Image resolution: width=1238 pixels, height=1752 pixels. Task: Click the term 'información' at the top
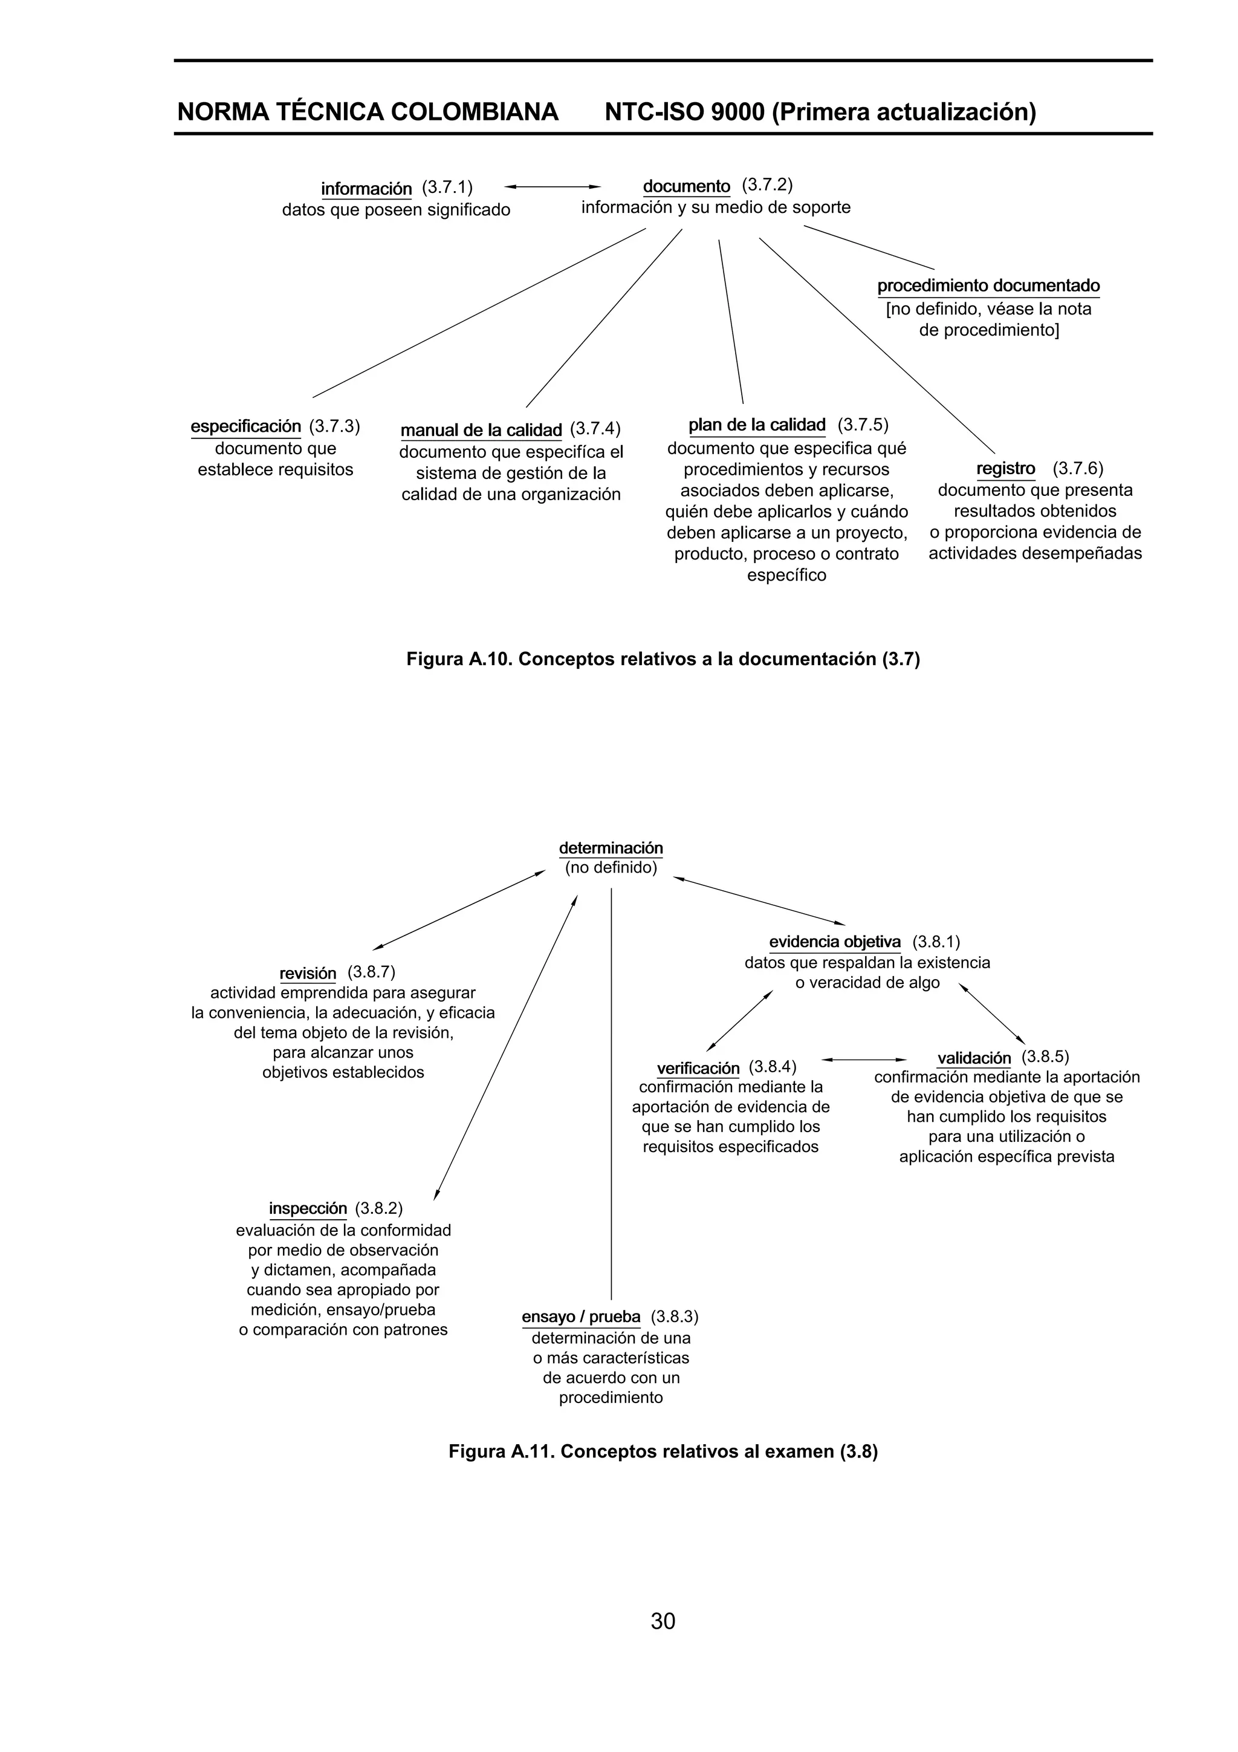(366, 189)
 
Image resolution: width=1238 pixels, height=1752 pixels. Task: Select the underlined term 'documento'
(687, 186)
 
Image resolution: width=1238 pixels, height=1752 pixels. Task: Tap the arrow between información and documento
(553, 186)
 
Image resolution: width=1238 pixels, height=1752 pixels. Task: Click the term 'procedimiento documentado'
(988, 286)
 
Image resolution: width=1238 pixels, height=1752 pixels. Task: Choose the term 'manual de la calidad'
(481, 431)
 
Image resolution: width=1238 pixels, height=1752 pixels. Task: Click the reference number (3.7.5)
(863, 425)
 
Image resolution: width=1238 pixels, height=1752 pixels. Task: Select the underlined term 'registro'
(1005, 469)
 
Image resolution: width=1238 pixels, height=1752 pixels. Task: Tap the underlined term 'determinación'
(611, 848)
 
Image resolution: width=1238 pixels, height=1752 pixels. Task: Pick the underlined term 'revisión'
(308, 974)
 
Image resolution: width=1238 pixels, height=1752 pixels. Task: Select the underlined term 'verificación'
(698, 1067)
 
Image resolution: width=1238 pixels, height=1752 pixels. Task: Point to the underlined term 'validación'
(974, 1058)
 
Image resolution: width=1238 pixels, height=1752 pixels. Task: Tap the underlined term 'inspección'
(308, 1209)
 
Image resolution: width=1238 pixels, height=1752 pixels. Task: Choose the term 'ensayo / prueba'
(582, 1317)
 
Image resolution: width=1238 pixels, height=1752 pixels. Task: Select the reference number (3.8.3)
(674, 1317)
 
